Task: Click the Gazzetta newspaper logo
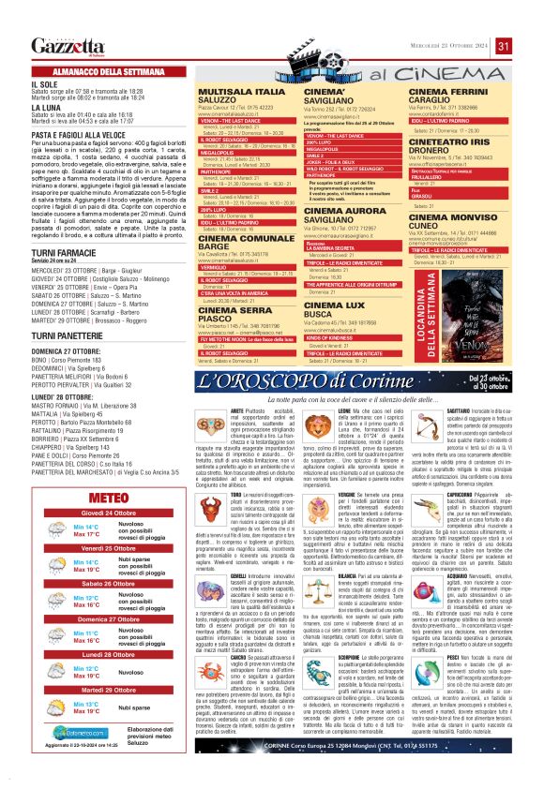tap(68, 46)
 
